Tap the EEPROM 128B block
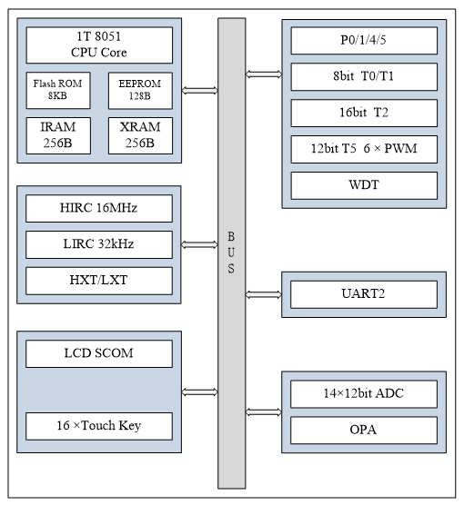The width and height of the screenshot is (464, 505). coord(140,91)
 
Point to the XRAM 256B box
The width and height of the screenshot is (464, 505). coord(140,134)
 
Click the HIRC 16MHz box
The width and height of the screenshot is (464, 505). coord(98,208)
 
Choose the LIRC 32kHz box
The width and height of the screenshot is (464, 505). coord(98,243)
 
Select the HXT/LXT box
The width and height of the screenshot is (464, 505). coord(98,279)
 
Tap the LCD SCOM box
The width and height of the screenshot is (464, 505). coord(98,353)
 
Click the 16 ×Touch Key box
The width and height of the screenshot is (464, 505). coord(98,424)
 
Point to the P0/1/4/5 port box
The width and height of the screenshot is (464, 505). coord(363,41)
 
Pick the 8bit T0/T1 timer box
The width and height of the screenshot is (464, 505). coord(363,77)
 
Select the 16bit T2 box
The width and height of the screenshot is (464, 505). coord(363,113)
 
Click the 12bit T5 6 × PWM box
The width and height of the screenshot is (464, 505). coord(363,149)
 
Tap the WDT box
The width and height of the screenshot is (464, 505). coord(363,184)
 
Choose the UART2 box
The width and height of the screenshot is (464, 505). coord(363,293)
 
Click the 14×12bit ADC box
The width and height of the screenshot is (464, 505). coord(363,394)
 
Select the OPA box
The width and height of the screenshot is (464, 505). coord(363,429)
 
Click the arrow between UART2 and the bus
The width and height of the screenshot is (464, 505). coord(264,293)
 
